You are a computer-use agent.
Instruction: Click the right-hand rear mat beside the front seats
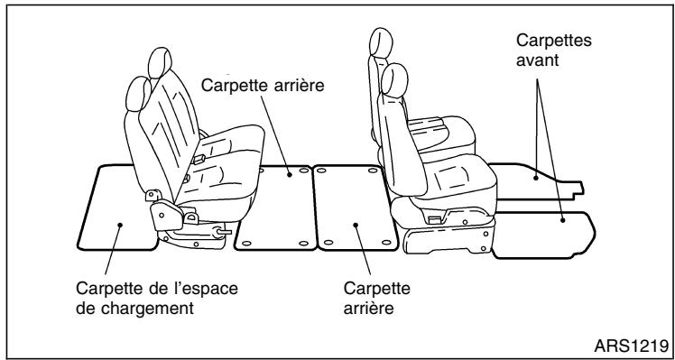pos(354,208)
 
